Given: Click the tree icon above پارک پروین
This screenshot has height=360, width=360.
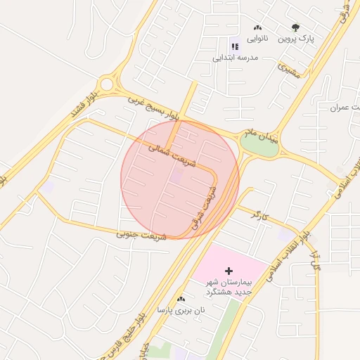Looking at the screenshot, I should [296, 27].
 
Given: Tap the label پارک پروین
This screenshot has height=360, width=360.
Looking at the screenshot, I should [296, 39].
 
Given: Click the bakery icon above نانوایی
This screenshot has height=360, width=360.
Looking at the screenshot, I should [257, 27].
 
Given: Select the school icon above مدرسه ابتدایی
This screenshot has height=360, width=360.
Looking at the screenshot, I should [234, 46].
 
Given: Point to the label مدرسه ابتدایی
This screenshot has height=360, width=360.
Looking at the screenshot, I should [236, 57].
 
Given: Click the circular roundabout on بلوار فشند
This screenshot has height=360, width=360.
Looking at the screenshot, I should [107, 84].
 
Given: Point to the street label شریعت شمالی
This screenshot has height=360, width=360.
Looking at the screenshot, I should [167, 155].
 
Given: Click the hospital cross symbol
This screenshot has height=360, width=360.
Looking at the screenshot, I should [229, 270].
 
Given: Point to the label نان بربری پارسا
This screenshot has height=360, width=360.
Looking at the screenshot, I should [181, 310].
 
